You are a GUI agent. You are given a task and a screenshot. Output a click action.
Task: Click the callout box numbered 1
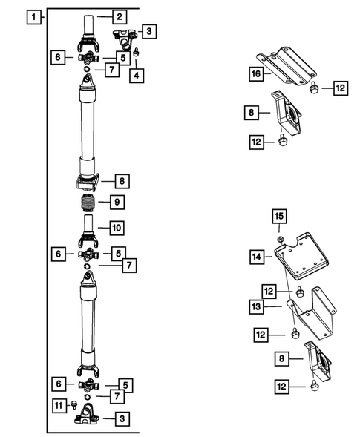[x=32, y=16]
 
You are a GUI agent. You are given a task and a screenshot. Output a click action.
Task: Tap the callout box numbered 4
[x=137, y=74]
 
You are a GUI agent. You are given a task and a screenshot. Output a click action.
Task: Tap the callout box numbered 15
[x=279, y=216]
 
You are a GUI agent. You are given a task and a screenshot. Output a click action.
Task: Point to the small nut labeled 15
[x=279, y=239]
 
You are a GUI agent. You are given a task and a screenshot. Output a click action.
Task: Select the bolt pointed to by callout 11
[x=76, y=404]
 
